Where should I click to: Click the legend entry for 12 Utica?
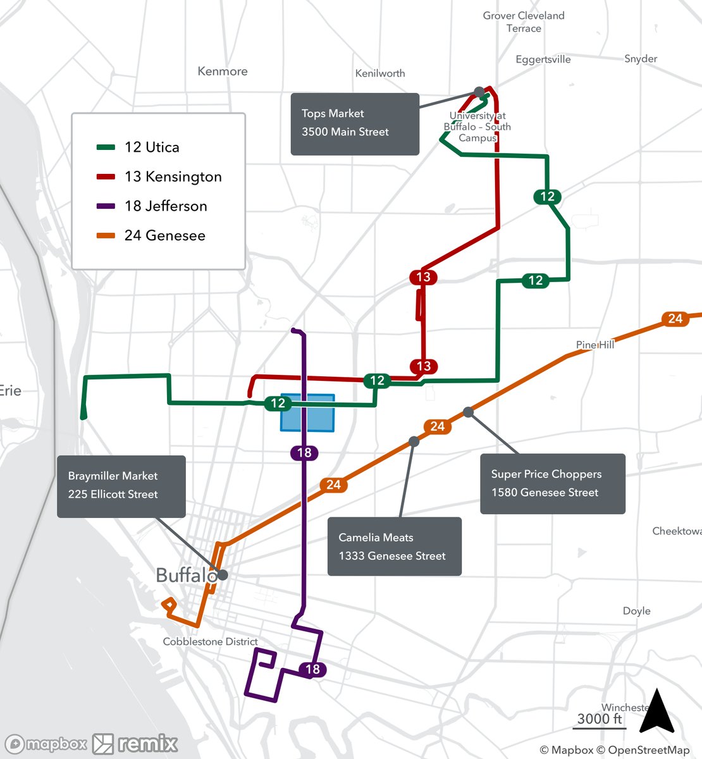coord(151,147)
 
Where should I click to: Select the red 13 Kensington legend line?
coord(106,177)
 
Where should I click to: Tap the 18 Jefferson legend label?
coord(166,206)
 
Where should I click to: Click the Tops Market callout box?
coord(355,124)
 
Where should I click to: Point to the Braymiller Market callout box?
coord(121,486)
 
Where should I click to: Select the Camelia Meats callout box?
coord(394,546)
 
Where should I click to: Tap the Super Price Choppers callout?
coord(552,484)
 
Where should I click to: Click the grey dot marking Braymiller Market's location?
coord(223,575)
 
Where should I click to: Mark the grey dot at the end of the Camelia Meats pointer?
coord(414,441)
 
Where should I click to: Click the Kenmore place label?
coord(223,71)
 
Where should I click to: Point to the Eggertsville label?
coord(543,59)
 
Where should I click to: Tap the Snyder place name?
coord(640,59)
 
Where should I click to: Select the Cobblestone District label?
coord(210,641)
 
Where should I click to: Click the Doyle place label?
coord(636,611)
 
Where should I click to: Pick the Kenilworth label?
coord(380,73)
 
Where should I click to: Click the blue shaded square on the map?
coord(307,413)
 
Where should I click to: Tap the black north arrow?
coord(656,711)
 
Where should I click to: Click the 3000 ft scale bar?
coord(600,721)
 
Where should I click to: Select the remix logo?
coord(135,744)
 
